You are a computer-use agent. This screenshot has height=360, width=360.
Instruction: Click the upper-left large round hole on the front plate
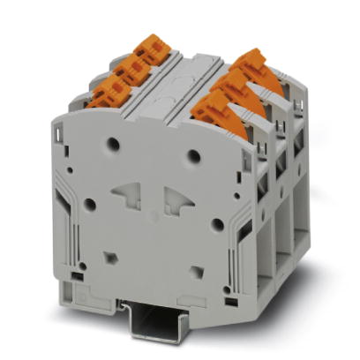click(x=113, y=142)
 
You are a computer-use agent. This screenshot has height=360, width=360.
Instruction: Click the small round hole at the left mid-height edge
click(x=90, y=204)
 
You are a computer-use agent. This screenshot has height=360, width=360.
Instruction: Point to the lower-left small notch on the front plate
click(x=110, y=258)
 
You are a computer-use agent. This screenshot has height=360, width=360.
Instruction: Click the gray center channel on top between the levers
click(x=189, y=75)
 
